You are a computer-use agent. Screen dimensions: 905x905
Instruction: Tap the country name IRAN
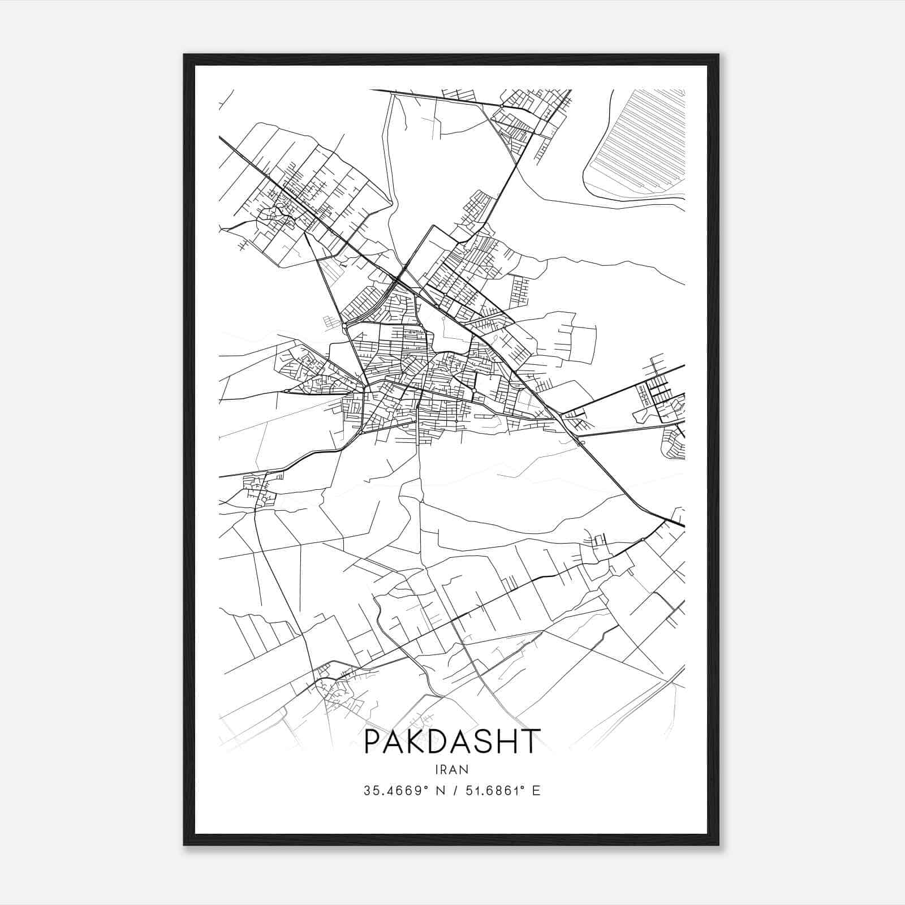click(453, 770)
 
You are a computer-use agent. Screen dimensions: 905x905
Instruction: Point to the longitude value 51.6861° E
click(502, 791)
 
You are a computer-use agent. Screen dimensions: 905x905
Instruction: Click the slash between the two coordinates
click(452, 791)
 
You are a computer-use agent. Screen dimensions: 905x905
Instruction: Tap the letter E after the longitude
click(536, 791)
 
